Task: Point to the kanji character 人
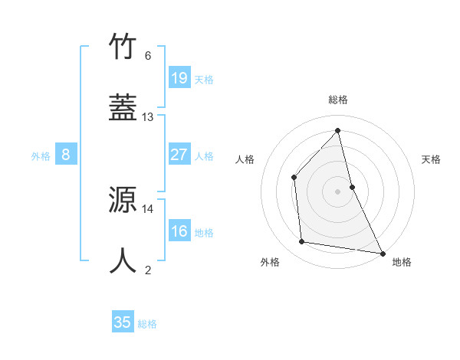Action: pyautogui.click(x=124, y=260)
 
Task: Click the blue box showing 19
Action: pyautogui.click(x=179, y=78)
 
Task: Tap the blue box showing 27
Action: pyautogui.click(x=179, y=155)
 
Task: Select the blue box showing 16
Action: pyautogui.click(x=179, y=231)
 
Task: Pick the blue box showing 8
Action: pyautogui.click(x=66, y=155)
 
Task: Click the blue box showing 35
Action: pyautogui.click(x=123, y=322)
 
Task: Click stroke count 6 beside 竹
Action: pyautogui.click(x=148, y=56)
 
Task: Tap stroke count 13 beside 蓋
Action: pyautogui.click(x=148, y=117)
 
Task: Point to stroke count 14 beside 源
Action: pyautogui.click(x=148, y=208)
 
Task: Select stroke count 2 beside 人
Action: pyautogui.click(x=148, y=269)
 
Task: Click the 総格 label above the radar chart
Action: pyautogui.click(x=338, y=100)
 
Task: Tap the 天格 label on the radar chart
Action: pyautogui.click(x=431, y=159)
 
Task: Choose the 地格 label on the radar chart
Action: pyautogui.click(x=402, y=262)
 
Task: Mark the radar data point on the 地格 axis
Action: pyautogui.click(x=382, y=253)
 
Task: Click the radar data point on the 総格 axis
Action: pyautogui.click(x=338, y=130)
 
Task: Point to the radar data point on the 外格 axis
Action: pyautogui.click(x=302, y=242)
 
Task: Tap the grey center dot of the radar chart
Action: pyautogui.click(x=338, y=191)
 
